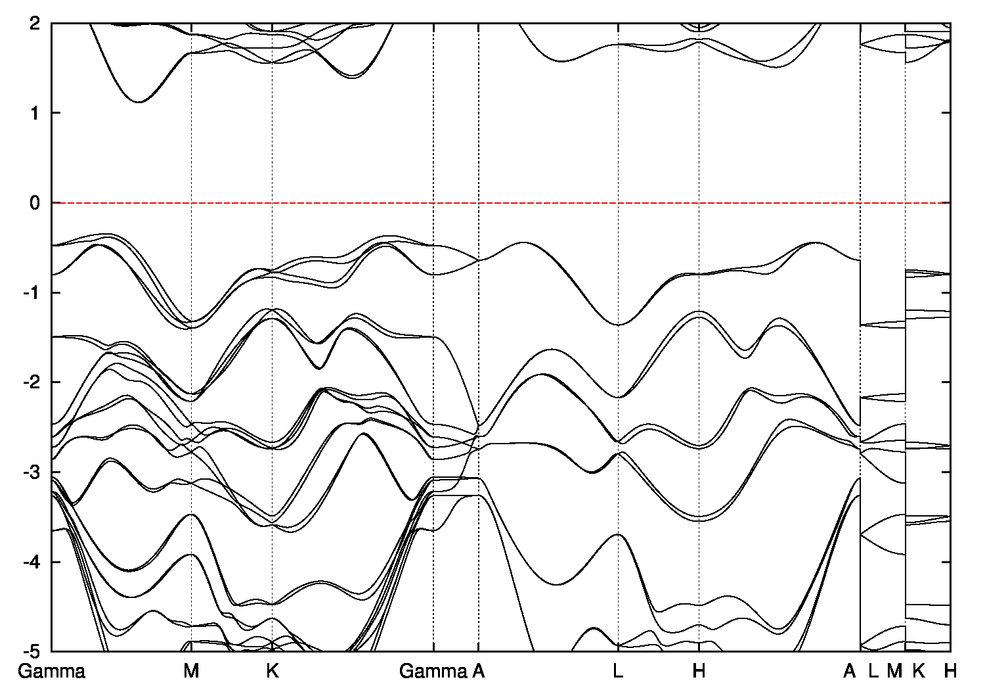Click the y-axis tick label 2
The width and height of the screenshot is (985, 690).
click(35, 23)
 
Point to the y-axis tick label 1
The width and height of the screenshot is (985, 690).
click(35, 113)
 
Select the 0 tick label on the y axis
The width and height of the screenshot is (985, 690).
click(35, 203)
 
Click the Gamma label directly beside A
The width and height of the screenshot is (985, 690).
click(433, 672)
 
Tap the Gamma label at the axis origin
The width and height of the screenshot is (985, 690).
click(52, 672)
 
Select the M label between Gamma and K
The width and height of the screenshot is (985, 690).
click(191, 672)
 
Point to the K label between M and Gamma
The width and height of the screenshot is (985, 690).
click(273, 672)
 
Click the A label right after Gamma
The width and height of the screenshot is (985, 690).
click(479, 672)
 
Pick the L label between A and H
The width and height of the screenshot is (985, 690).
click(618, 672)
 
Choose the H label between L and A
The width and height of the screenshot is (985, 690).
click(699, 672)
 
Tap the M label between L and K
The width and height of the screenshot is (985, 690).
click(894, 672)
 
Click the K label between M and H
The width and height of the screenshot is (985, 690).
click(919, 672)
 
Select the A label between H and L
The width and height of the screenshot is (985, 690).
click(850, 672)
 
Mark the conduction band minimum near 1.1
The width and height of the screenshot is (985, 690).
click(139, 102)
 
